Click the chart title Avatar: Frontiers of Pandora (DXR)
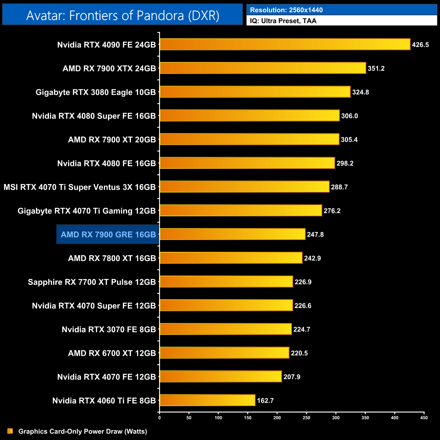coord(123,16)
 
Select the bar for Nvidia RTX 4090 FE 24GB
coord(285,44)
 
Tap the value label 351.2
coord(376,68)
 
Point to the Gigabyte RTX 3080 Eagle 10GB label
coord(96,92)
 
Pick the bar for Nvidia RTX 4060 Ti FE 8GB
coord(207,400)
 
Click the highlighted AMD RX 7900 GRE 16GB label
coord(108,234)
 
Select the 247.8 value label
coord(315,235)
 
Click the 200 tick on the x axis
coord(277,418)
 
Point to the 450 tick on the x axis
coord(424,418)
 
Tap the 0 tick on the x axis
coord(159,418)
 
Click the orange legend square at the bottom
coord(10,431)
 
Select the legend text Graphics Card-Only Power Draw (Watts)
coord(83,431)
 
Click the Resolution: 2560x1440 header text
coord(286,10)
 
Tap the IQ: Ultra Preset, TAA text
coord(283,21)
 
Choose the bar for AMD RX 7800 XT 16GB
coord(231,258)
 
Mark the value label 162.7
coord(265,400)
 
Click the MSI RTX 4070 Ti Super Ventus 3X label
coord(80,187)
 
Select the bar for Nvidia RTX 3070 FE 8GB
coord(225,329)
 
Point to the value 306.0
coord(349,116)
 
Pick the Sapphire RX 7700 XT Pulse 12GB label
coord(92,282)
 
